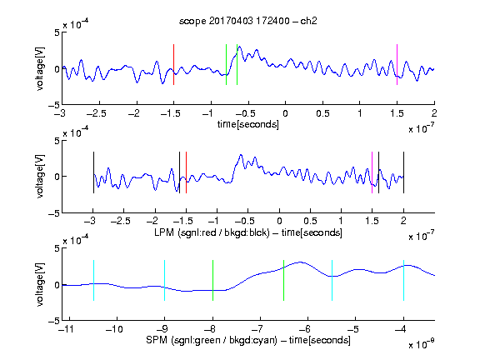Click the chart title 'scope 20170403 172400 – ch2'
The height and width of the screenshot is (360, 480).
(248, 21)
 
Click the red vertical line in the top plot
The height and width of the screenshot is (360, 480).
(174, 65)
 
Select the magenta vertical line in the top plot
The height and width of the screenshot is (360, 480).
(397, 65)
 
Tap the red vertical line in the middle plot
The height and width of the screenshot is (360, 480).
(186, 172)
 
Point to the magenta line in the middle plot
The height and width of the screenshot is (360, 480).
(372, 172)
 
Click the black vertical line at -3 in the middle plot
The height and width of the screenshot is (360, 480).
(93, 172)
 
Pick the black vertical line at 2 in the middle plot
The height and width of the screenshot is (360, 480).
(403, 172)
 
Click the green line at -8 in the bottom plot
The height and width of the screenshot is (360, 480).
(212, 280)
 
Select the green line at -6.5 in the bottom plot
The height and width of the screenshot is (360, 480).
(284, 280)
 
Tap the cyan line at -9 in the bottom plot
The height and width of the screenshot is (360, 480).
(165, 280)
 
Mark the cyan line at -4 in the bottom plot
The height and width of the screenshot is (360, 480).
(403, 280)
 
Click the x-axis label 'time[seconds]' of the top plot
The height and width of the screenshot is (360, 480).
(248, 125)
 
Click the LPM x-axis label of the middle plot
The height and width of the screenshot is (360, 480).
(248, 232)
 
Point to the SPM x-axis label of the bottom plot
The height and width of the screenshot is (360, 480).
(248, 340)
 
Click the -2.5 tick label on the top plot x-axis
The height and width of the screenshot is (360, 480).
(96, 113)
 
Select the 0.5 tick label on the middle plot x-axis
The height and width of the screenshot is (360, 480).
(310, 221)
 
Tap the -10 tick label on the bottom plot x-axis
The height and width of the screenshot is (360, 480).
(114, 329)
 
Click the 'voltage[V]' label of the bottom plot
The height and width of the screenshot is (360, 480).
(40, 285)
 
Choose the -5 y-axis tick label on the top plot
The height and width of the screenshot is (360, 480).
(54, 105)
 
